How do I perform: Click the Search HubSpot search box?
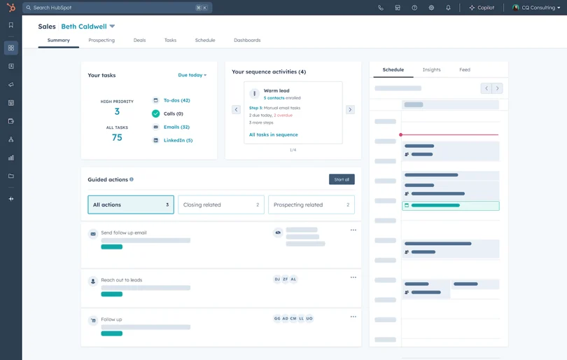coord(112,8)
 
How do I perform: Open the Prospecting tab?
coord(101,41)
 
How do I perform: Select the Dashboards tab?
coord(247,41)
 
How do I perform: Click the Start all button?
coord(342,179)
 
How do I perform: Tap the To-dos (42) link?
coord(176,100)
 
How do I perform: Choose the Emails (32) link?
coord(176,127)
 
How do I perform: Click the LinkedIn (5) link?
coord(178,140)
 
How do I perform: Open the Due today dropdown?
coord(192,75)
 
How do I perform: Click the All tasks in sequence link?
coord(273,134)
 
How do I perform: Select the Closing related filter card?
coord(221,205)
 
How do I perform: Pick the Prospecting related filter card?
coord(311,205)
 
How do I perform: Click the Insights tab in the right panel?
coord(432,70)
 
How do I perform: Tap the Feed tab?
coord(465,70)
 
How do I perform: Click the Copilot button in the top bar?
coord(482,8)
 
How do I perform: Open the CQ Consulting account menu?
coord(536,8)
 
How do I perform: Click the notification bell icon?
coord(449,8)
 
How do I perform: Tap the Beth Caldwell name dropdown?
coord(88,27)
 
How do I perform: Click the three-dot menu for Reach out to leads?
coord(353,277)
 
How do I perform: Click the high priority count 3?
coord(117,112)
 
